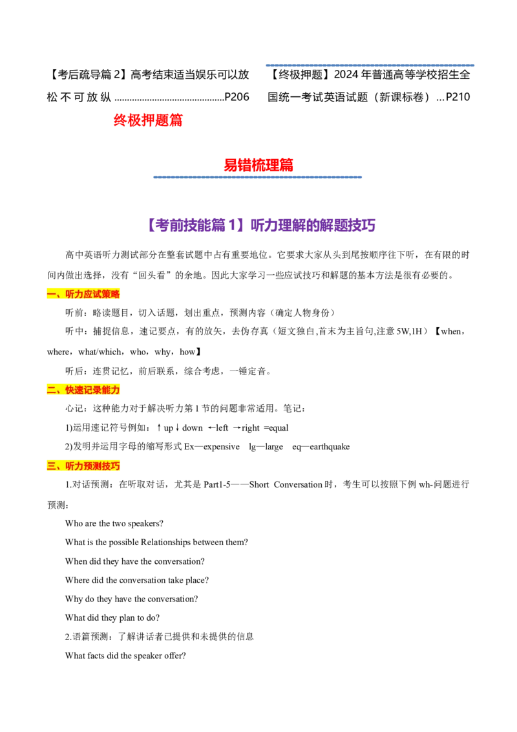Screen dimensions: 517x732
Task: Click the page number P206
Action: [237, 97]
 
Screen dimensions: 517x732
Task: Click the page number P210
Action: [458, 97]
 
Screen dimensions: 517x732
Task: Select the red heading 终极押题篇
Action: [148, 120]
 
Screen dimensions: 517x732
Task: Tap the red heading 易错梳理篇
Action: [258, 165]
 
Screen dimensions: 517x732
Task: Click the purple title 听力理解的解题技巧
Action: [313, 226]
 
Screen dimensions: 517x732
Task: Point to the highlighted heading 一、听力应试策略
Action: [83, 294]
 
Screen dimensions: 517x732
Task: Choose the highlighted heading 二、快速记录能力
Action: [83, 390]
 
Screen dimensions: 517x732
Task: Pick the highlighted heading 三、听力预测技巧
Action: [83, 466]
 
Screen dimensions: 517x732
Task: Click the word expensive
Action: [222, 447]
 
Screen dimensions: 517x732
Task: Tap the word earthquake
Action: [330, 447]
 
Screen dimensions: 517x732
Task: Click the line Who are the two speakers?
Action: [114, 523]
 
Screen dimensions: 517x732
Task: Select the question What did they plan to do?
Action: [112, 618]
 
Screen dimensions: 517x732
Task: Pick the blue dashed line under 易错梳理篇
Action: [258, 177]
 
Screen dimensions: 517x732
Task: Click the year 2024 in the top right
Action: [346, 75]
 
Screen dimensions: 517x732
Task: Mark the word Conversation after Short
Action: [298, 484]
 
